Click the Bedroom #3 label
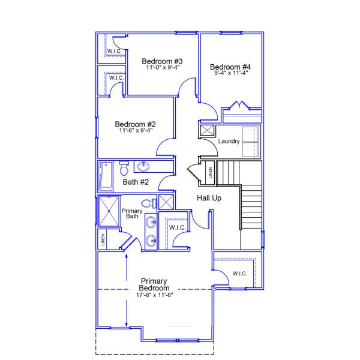pyautogui.click(x=162, y=61)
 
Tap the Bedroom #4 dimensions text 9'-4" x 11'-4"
pyautogui.click(x=231, y=72)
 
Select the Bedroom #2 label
pyautogui.click(x=136, y=124)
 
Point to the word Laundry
pyautogui.click(x=229, y=142)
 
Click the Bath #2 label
pyautogui.click(x=135, y=182)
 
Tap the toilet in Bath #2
pyautogui.click(x=124, y=164)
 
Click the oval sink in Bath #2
pyautogui.click(x=144, y=167)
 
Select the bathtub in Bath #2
pyautogui.click(x=106, y=175)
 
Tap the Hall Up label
pyautogui.click(x=209, y=199)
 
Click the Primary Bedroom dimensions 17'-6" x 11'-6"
pyautogui.click(x=155, y=295)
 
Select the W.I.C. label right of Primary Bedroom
pyautogui.click(x=239, y=274)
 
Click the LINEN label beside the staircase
pyautogui.click(x=210, y=173)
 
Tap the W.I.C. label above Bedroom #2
pyautogui.click(x=115, y=79)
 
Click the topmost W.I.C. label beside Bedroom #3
pyautogui.click(x=115, y=52)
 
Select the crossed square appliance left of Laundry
pyautogui.click(x=207, y=130)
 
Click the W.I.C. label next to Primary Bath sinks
pyautogui.click(x=176, y=227)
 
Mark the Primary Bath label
pyautogui.click(x=131, y=214)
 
